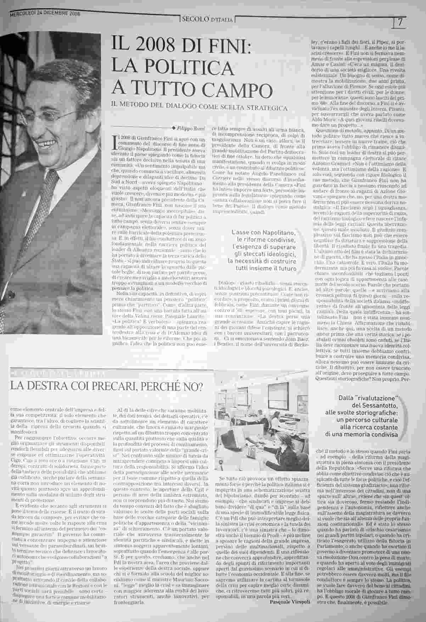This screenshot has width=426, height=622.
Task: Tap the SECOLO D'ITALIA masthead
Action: tap(207, 20)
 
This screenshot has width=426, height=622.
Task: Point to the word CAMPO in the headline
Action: tap(234, 88)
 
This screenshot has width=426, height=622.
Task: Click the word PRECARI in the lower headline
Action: tap(120, 385)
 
